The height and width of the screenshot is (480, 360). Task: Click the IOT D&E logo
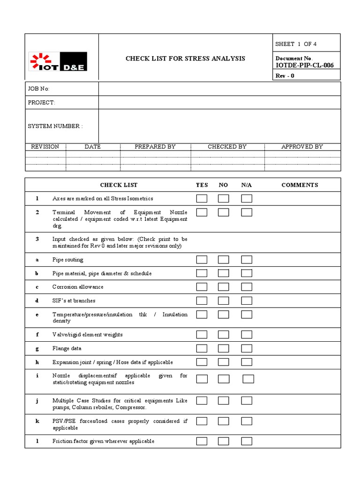click(58, 61)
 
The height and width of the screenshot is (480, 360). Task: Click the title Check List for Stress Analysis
click(185, 59)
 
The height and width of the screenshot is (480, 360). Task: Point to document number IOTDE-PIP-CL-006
click(305, 65)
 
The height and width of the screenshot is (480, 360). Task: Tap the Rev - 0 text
click(285, 75)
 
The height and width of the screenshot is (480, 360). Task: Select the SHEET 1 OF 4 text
click(296, 44)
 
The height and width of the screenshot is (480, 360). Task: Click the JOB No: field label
click(38, 89)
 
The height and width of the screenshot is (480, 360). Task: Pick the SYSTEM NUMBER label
click(55, 126)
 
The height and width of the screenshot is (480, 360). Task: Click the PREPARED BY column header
click(155, 147)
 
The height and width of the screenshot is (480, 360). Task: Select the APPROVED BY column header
click(302, 147)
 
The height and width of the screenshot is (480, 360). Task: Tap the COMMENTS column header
click(300, 185)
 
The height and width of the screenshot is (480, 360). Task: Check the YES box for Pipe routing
click(202, 260)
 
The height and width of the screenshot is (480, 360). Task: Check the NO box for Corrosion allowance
click(224, 287)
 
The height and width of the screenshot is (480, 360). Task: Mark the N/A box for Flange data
click(247, 348)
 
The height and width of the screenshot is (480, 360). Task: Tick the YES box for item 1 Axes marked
click(202, 199)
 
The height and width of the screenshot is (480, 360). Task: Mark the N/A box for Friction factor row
click(247, 441)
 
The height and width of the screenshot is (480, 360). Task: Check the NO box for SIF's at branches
click(224, 300)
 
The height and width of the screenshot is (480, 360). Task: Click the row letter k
click(37, 421)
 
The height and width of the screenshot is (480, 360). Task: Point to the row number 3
click(37, 239)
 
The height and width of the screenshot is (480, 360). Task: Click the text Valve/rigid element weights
click(88, 335)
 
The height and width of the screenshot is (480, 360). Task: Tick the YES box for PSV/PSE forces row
click(202, 421)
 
